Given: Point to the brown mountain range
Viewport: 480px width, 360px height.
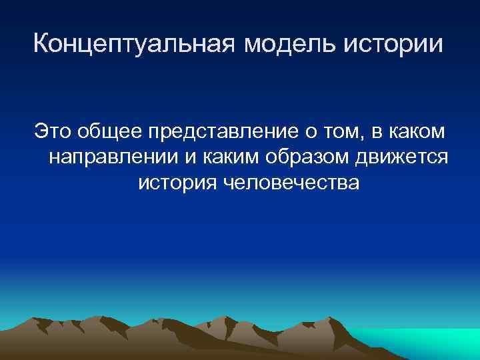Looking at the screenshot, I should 200,337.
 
